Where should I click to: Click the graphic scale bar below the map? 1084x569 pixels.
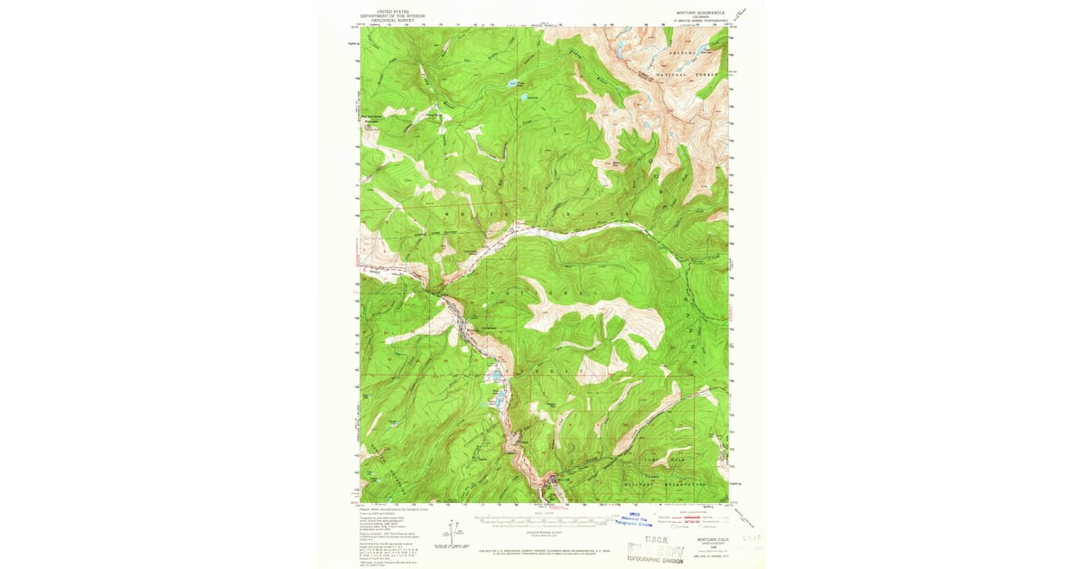point(543,521)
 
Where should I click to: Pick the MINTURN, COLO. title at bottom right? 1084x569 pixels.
point(705,538)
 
